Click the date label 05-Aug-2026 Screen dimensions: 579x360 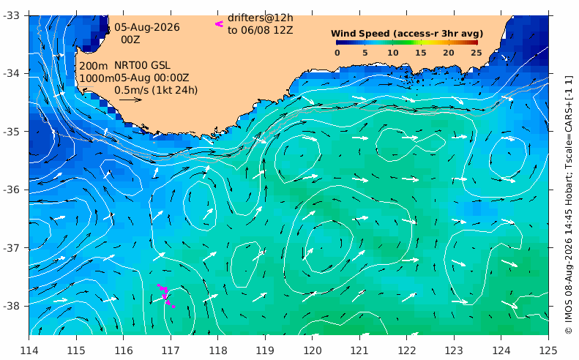[x=147, y=27]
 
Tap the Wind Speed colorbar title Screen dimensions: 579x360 [x=407, y=34]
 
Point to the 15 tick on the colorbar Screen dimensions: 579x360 [x=421, y=53]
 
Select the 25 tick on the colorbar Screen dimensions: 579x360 [x=477, y=53]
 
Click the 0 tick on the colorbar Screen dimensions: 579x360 [x=337, y=53]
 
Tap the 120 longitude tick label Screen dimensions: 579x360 [x=313, y=350]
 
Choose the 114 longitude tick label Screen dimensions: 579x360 [x=29, y=350]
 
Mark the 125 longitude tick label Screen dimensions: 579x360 [x=548, y=350]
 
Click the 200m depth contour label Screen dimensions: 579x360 [x=94, y=66]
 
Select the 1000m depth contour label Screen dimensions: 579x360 [x=97, y=78]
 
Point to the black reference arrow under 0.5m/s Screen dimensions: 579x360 [x=131, y=100]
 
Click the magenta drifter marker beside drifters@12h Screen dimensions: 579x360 [x=220, y=24]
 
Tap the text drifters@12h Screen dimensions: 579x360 [x=261, y=18]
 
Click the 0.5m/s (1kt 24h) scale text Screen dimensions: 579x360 [x=156, y=90]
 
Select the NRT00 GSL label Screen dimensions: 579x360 [x=142, y=65]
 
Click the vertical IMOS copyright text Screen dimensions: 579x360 [x=569, y=205]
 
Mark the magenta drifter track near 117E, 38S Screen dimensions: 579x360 [x=166, y=296]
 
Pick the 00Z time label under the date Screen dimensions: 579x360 [x=131, y=39]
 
